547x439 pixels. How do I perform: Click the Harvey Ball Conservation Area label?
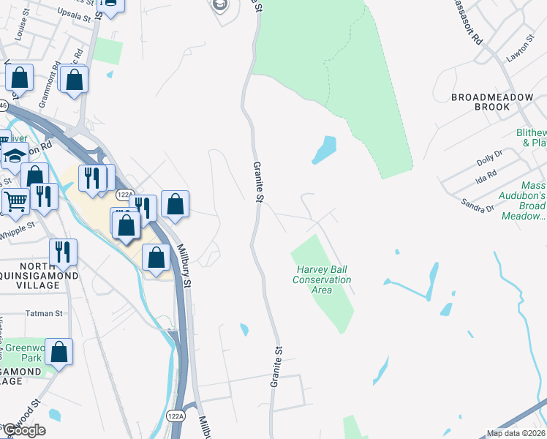(x=322, y=279)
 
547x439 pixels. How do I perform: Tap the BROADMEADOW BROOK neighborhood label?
(x=480, y=102)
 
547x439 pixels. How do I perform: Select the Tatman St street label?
(x=44, y=313)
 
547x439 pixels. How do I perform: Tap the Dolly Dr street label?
(x=489, y=156)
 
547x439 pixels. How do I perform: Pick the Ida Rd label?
(x=486, y=176)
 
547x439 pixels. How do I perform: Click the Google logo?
(x=23, y=430)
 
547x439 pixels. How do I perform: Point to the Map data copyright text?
(x=516, y=433)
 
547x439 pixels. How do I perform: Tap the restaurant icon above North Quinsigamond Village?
(x=63, y=252)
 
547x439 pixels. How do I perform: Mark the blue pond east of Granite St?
(x=324, y=150)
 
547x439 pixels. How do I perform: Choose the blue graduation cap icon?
(x=14, y=155)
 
